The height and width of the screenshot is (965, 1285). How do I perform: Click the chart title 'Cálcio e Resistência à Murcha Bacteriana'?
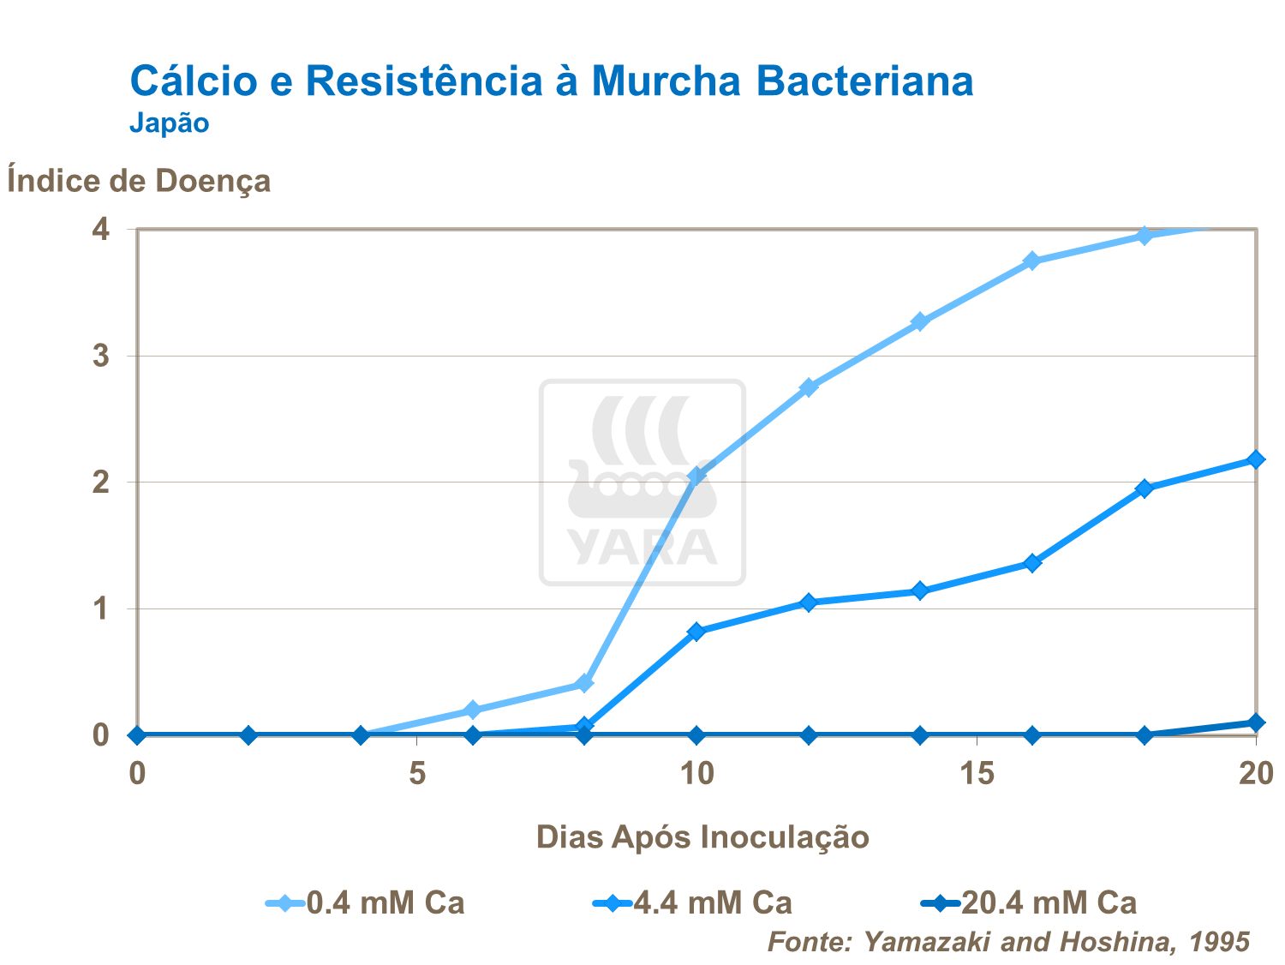click(551, 81)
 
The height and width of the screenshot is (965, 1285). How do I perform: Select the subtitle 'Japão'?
click(169, 123)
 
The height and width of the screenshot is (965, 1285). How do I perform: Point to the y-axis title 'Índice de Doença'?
click(139, 181)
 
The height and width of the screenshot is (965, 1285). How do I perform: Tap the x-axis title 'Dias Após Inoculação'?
click(702, 836)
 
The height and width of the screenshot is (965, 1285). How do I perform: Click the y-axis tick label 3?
click(102, 356)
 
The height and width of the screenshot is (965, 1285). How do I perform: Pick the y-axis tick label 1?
click(102, 608)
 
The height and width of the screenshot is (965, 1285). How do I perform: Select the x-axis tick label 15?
click(977, 774)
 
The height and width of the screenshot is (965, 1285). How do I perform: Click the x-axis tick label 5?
click(417, 774)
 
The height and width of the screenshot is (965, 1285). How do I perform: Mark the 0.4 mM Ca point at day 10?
click(696, 476)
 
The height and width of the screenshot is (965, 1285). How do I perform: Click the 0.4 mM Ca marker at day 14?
click(920, 322)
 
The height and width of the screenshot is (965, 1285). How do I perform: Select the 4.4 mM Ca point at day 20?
click(1256, 460)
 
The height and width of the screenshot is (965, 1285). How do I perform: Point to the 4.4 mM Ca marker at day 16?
click(1032, 563)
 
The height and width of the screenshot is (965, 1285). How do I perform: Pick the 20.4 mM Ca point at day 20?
click(1256, 722)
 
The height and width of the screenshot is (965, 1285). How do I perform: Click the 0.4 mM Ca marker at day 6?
click(472, 710)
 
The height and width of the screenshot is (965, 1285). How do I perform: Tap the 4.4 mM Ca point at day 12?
click(808, 602)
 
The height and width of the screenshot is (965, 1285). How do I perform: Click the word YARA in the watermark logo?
click(642, 548)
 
